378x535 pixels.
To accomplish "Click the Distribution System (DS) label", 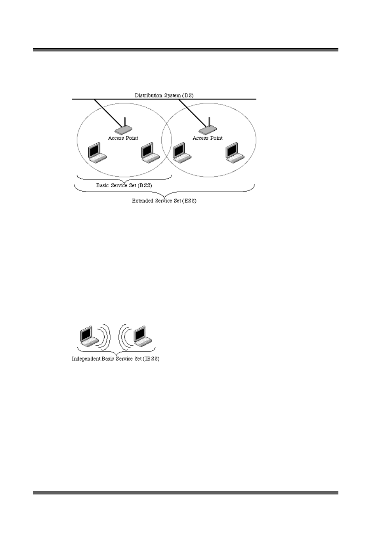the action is coord(164,95).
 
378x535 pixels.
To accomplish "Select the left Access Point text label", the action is coord(123,138).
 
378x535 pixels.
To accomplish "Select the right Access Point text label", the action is coord(208,138).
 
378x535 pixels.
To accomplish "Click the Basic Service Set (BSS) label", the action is coord(124,185).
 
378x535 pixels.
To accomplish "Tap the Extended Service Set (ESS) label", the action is coord(164,201).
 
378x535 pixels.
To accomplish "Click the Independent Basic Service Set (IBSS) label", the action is coord(115,359).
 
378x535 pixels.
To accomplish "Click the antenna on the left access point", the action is coord(124,122).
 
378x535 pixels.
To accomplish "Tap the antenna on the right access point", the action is coord(209,121).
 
